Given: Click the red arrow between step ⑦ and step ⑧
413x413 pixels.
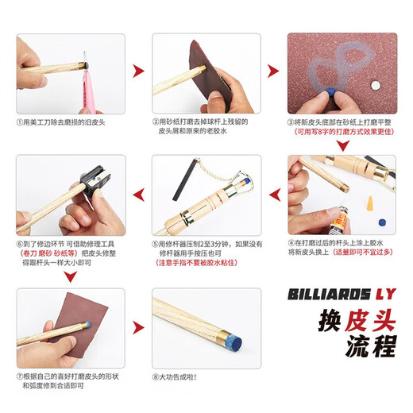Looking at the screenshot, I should [139, 325].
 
